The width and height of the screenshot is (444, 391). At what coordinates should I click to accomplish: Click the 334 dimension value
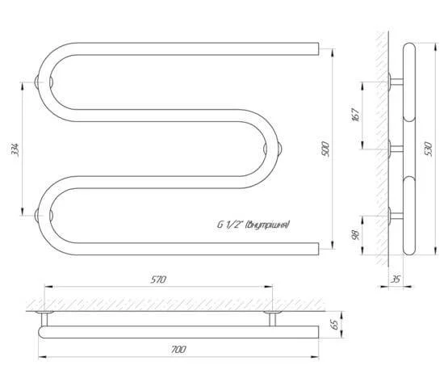click(x=15, y=149)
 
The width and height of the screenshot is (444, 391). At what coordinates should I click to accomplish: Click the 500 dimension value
click(x=325, y=149)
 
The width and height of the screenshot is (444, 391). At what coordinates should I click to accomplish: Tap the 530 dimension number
click(x=429, y=149)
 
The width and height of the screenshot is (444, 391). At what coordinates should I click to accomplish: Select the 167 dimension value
click(x=356, y=115)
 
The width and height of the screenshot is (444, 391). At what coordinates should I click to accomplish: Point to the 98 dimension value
click(x=356, y=235)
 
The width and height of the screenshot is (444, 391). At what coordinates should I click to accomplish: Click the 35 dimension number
click(x=396, y=279)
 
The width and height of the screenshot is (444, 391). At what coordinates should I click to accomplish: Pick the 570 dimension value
click(x=158, y=280)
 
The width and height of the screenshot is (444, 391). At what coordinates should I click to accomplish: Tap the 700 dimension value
click(x=178, y=349)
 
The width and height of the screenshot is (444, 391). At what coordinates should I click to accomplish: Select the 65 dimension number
click(x=334, y=325)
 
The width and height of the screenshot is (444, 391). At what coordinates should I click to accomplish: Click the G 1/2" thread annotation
click(x=253, y=225)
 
